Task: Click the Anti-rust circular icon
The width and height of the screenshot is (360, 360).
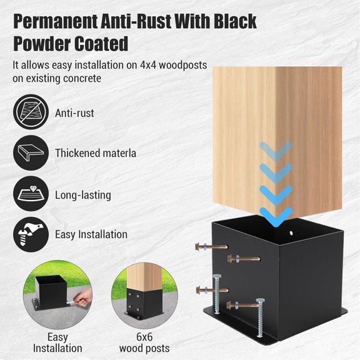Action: point(29,112)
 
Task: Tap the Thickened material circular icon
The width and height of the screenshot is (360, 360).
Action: point(29,153)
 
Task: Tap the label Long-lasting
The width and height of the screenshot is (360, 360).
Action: point(83,195)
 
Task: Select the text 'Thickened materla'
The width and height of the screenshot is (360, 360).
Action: point(96,153)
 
